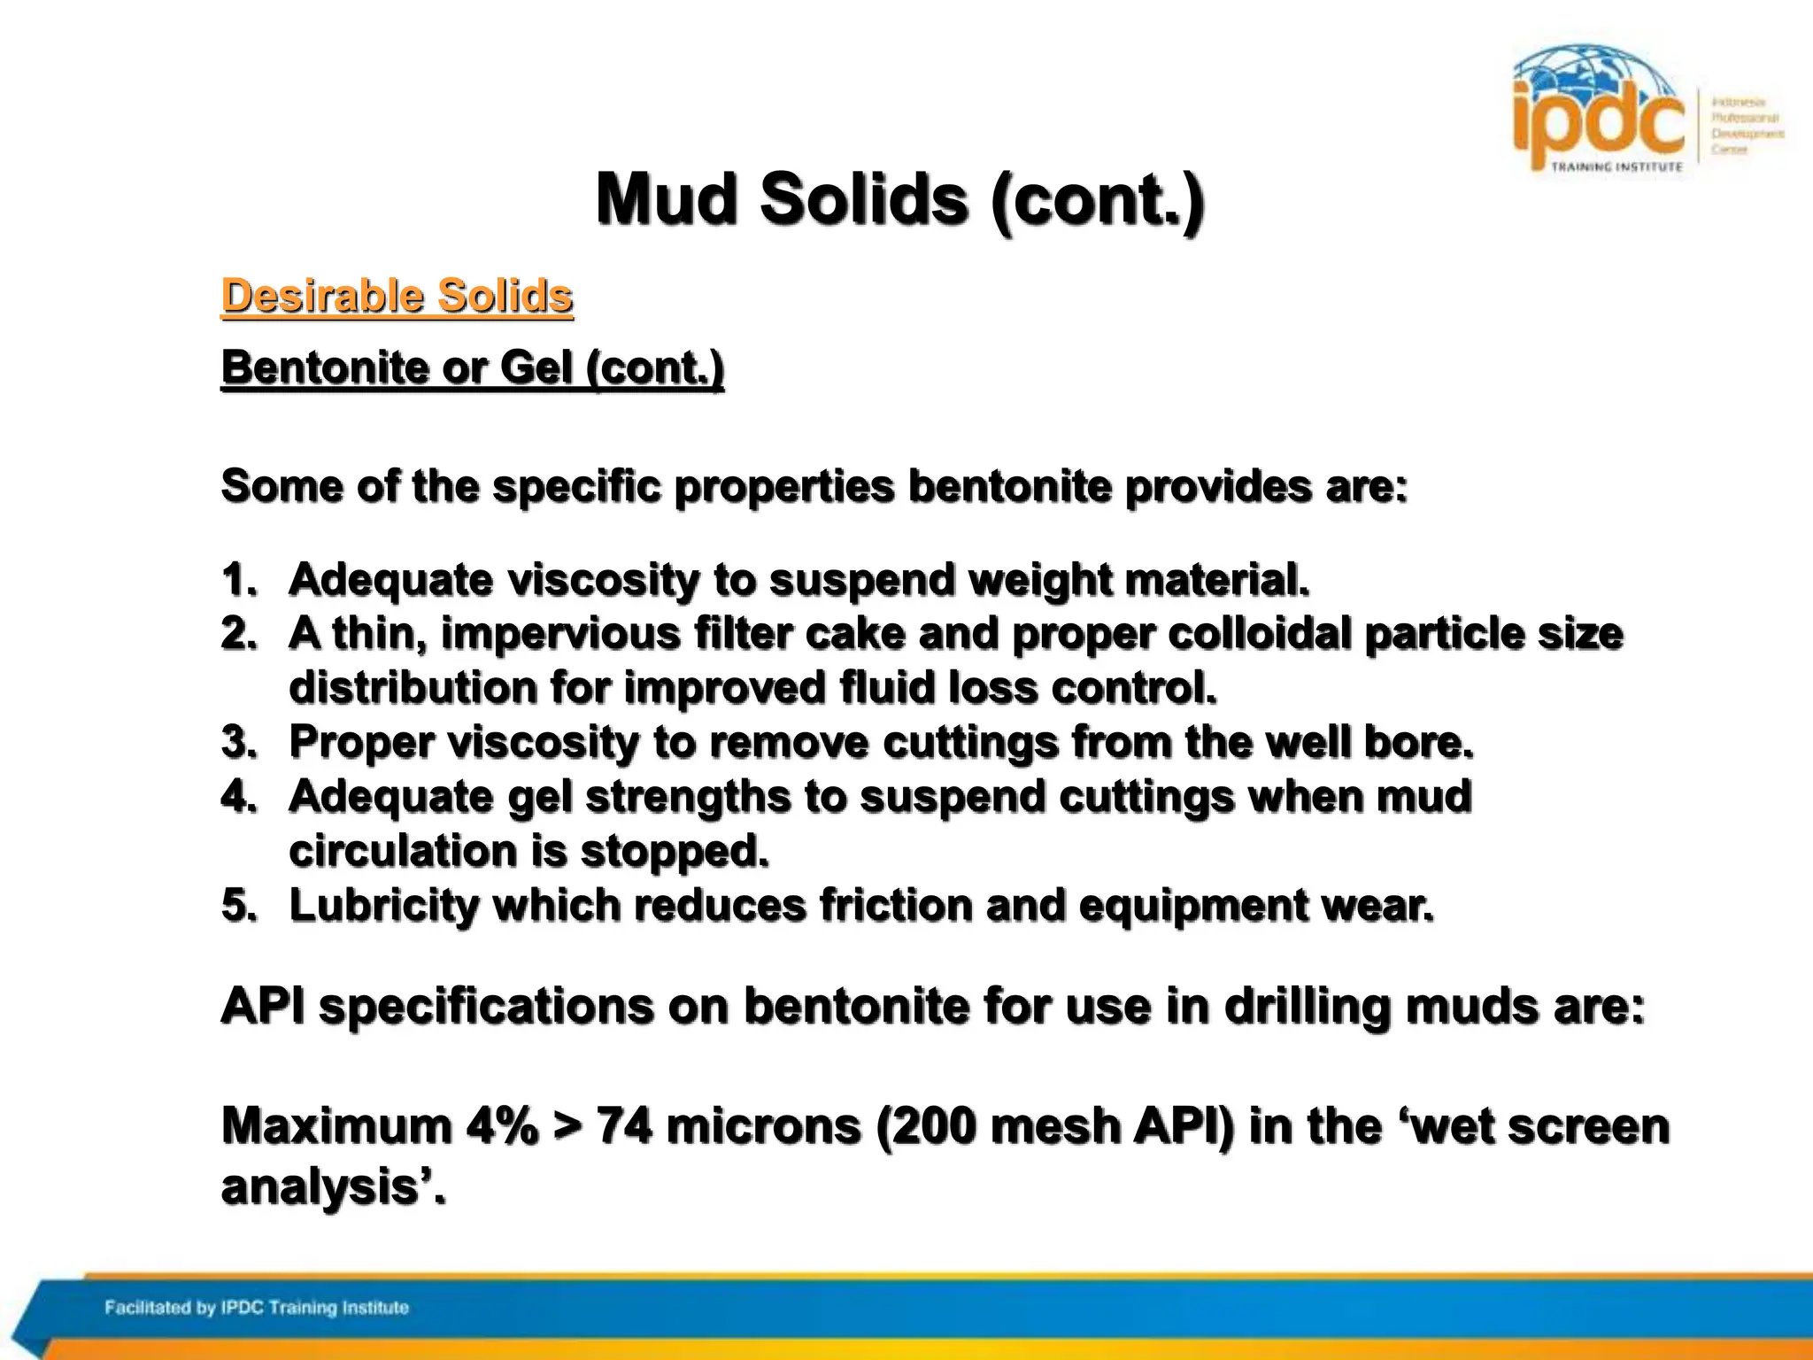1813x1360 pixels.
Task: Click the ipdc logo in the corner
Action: (x=1599, y=111)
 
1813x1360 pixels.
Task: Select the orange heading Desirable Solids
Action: (x=397, y=296)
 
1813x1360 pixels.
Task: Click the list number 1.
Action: (x=237, y=580)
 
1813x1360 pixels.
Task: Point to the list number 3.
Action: (x=237, y=742)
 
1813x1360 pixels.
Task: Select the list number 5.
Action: (x=237, y=905)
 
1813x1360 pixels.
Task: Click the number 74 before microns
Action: (x=624, y=1126)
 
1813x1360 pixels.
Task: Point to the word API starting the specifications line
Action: (x=263, y=1007)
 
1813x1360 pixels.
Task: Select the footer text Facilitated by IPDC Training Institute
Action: (x=257, y=1308)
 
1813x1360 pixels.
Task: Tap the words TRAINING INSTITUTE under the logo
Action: (x=1616, y=166)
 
